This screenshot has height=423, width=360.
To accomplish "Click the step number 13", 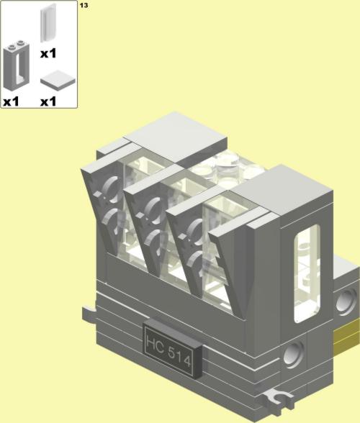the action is click(84, 5).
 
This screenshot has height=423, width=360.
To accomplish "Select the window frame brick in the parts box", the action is click(17, 66).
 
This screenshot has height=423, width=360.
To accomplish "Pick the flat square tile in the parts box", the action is click(58, 80).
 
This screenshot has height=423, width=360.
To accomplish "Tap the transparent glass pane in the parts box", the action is click(48, 23).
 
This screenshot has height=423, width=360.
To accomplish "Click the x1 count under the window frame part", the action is click(11, 101).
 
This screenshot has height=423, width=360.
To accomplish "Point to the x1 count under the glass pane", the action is click(48, 53).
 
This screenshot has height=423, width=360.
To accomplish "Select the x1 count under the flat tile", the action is click(48, 101).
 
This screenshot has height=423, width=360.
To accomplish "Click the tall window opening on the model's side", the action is click(307, 273).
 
